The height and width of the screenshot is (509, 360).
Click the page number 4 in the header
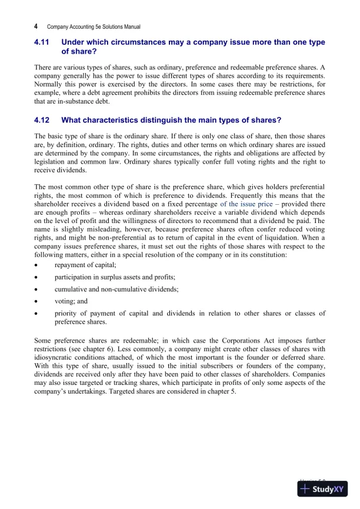[36, 26]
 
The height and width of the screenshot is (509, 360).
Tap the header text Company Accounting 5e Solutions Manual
[94, 27]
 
